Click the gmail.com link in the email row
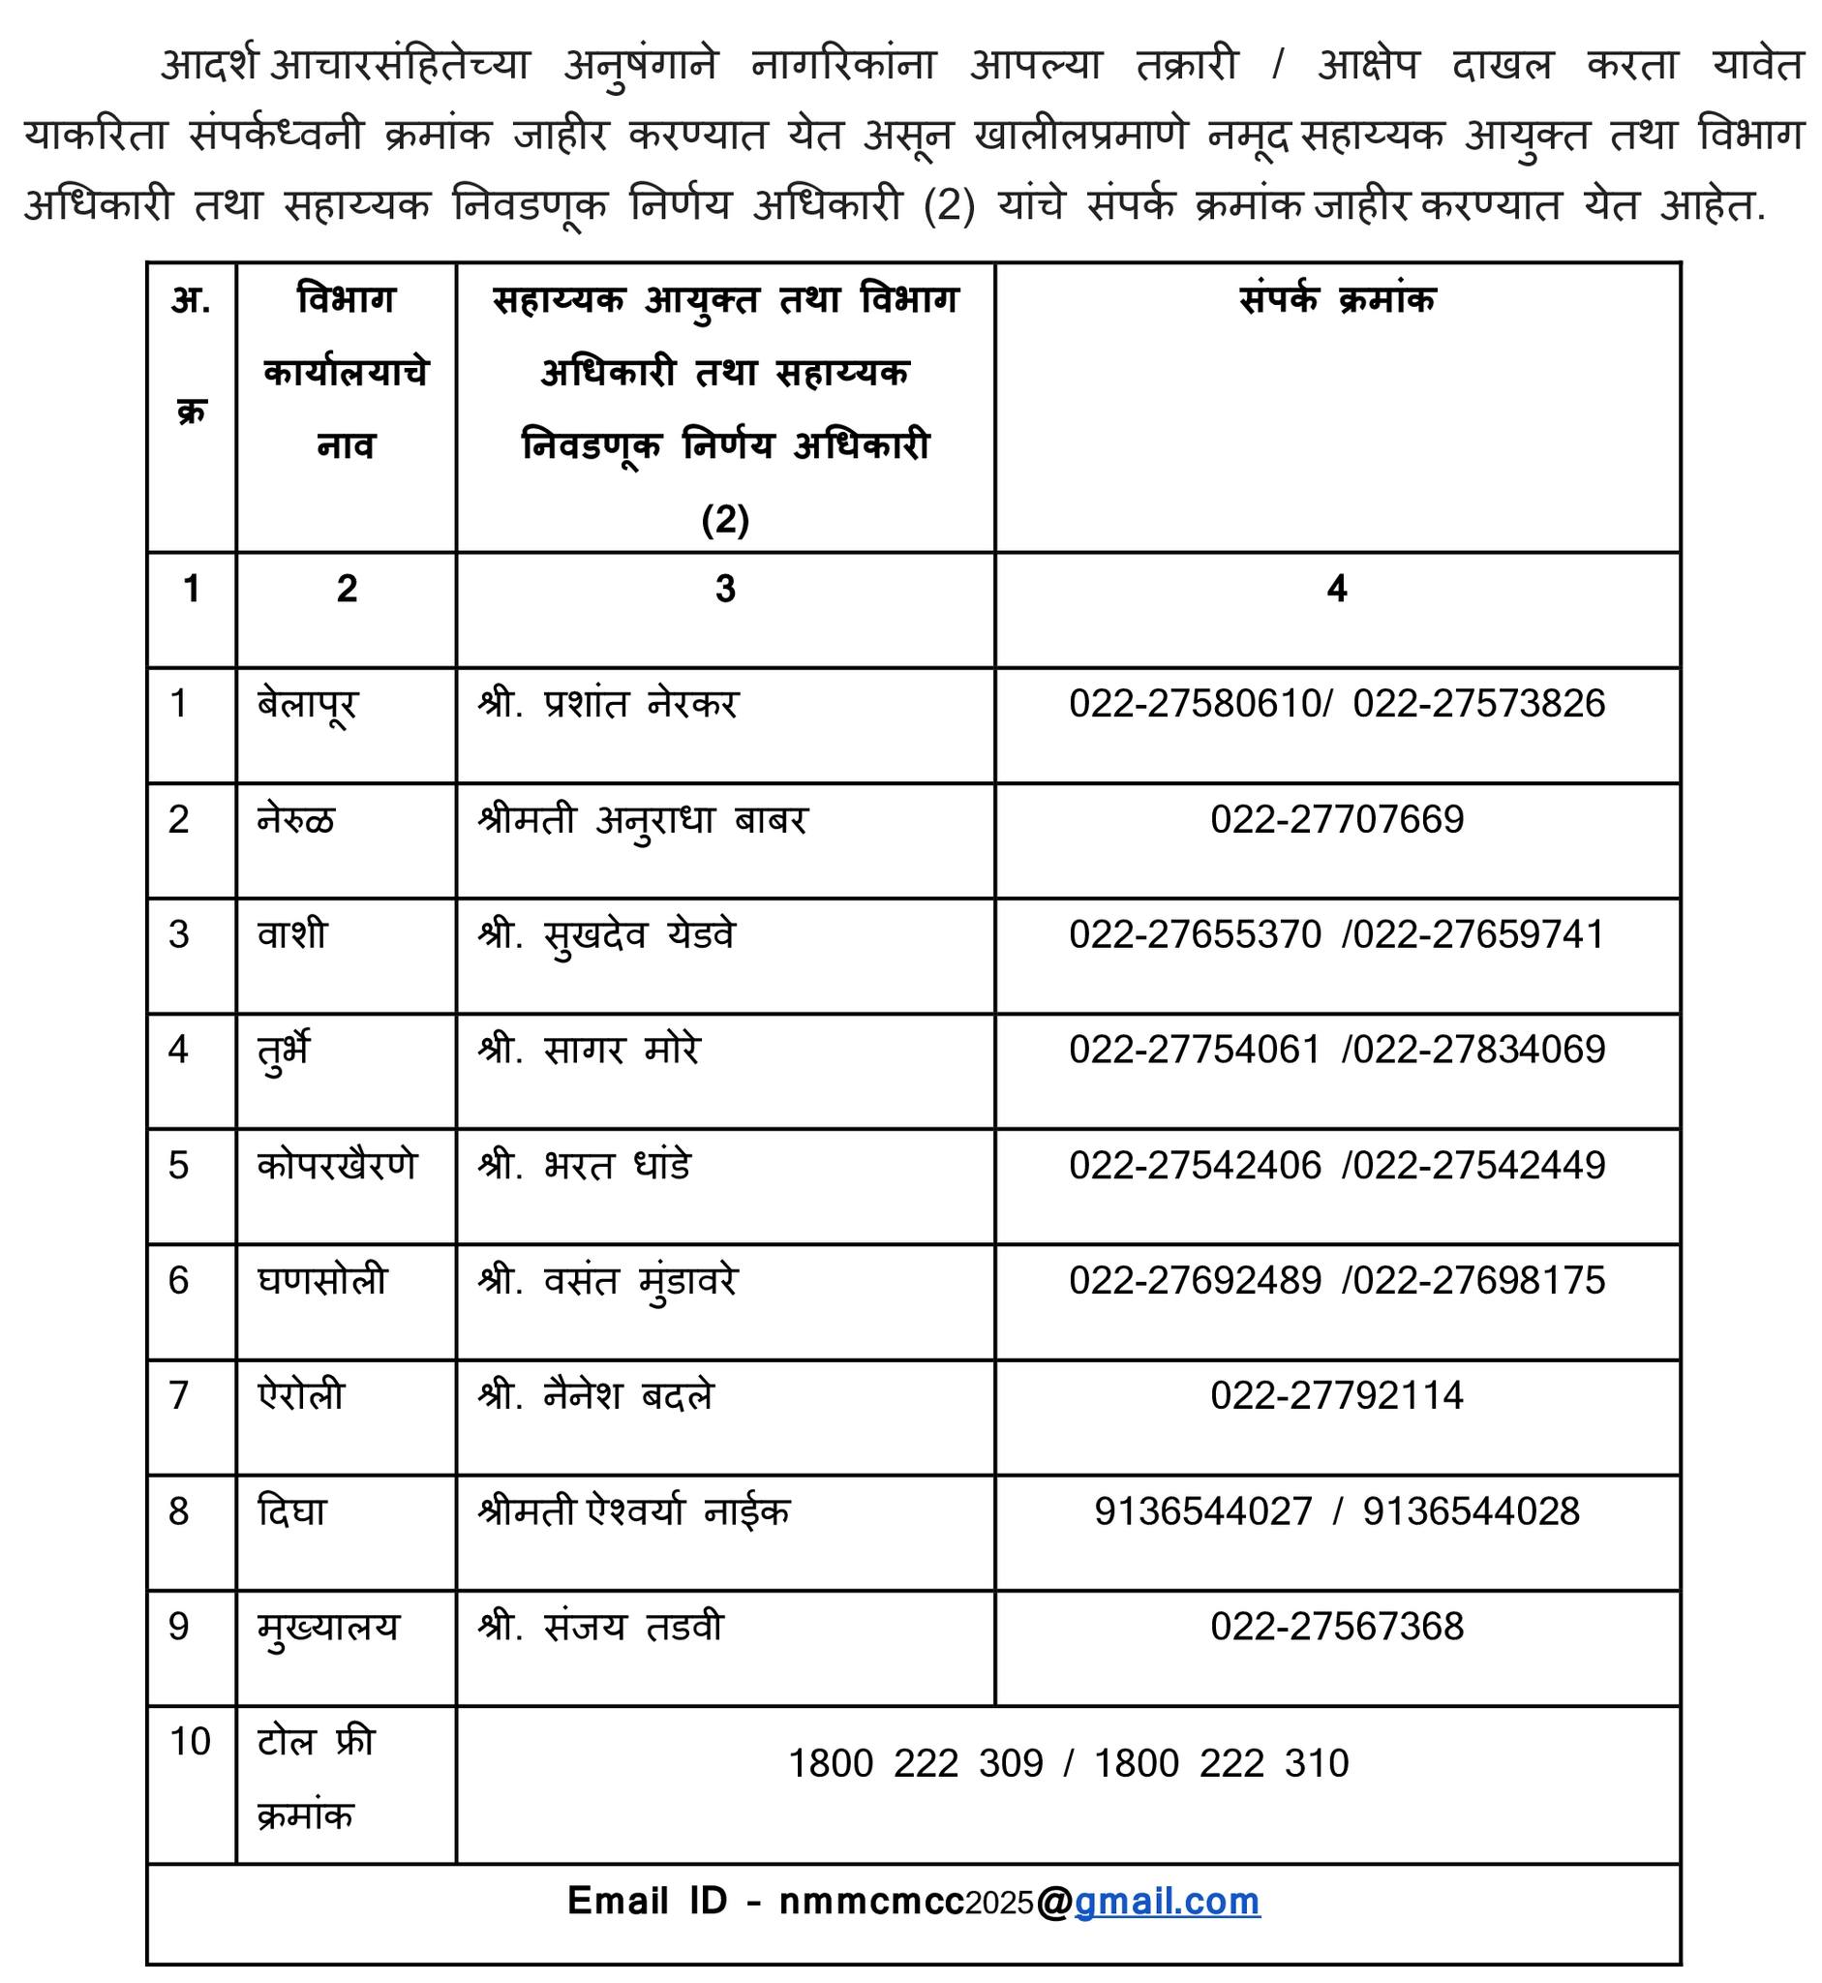click(1167, 1901)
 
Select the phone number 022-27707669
click(1337, 819)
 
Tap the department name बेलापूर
click(307, 705)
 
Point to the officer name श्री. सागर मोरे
click(589, 1051)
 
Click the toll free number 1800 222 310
click(1222, 1763)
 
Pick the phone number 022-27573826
click(1479, 704)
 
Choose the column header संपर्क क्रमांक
click(1337, 299)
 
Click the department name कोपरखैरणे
click(337, 1166)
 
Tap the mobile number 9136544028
click(1471, 1511)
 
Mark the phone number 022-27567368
click(1337, 1626)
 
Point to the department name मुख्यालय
click(328, 1628)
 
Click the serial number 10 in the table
click(191, 1741)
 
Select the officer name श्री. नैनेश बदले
click(595, 1396)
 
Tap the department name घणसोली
click(322, 1281)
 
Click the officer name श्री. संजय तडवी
click(600, 1627)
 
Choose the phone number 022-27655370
click(1195, 934)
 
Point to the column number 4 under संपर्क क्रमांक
click(1336, 589)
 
